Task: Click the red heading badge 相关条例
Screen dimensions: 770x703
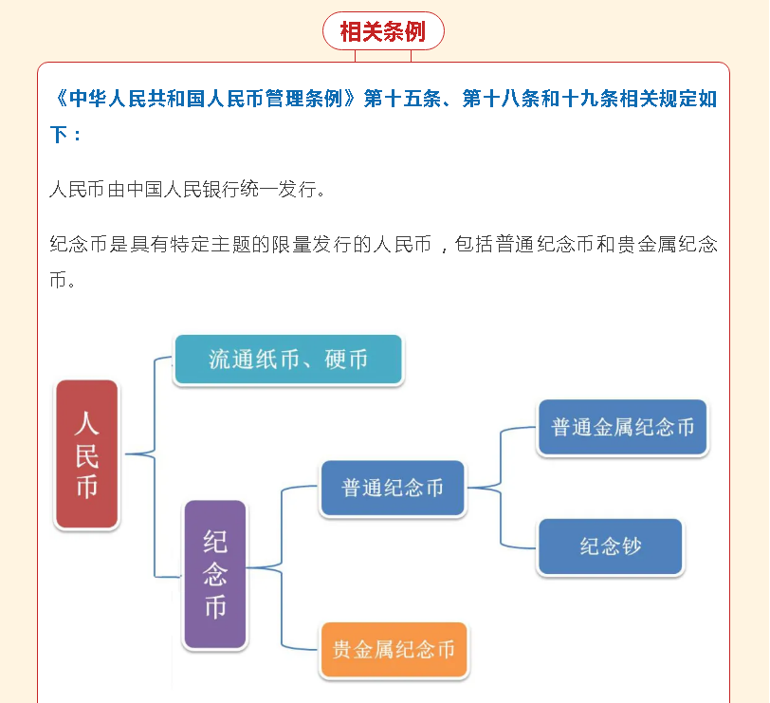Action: click(383, 31)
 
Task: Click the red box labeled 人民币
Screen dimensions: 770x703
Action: click(87, 453)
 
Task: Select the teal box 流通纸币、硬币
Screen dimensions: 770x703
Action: click(288, 360)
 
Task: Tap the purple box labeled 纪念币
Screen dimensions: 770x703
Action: click(215, 574)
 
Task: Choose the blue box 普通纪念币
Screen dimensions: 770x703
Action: click(393, 488)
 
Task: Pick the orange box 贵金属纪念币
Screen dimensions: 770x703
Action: click(394, 650)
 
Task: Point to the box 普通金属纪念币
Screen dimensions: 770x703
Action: click(623, 427)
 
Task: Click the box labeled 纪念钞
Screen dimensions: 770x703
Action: click(611, 546)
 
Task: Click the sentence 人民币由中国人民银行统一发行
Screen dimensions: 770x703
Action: click(187, 189)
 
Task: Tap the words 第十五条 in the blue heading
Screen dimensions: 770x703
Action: click(402, 99)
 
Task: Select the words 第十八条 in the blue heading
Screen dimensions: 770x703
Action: click(501, 99)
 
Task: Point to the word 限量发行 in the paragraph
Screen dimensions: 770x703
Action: click(312, 244)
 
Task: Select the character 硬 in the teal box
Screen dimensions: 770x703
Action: click(335, 360)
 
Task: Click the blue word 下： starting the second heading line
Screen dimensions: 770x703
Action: click(65, 135)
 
